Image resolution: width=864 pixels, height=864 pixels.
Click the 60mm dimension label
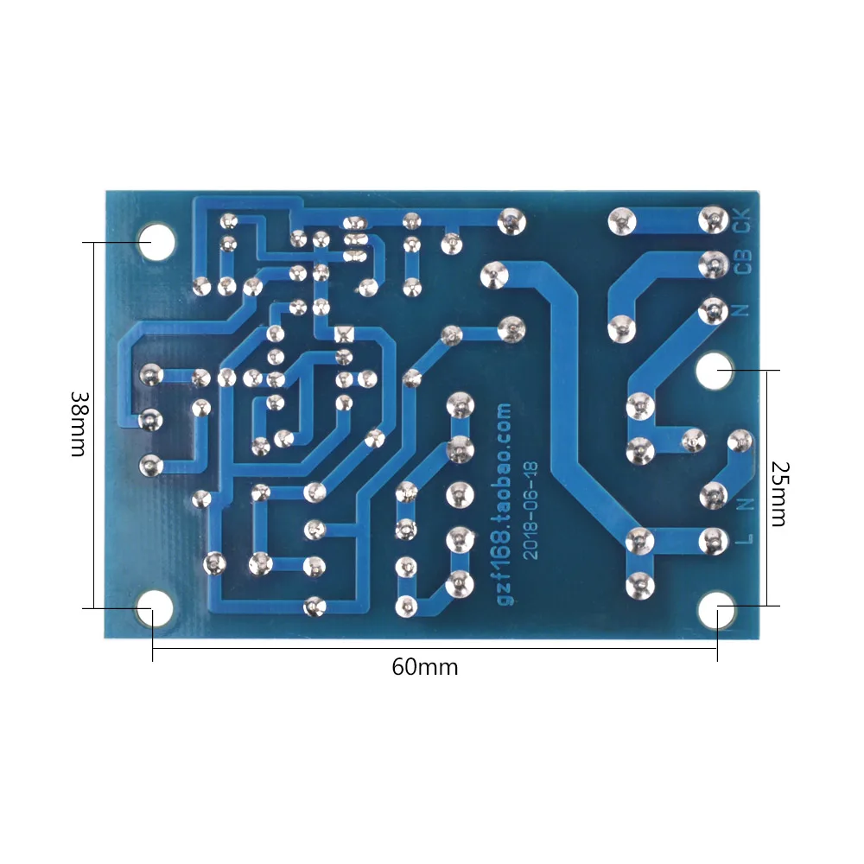coord(425,667)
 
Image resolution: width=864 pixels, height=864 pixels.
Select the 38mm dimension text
coord(79,424)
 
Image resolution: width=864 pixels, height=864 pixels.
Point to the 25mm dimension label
coord(779,493)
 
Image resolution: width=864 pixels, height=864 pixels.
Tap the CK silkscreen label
coord(743,220)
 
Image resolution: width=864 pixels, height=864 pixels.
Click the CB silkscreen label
coord(743,262)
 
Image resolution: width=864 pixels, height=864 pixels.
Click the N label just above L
coord(747,504)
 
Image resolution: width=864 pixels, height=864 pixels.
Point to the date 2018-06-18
coord(530,511)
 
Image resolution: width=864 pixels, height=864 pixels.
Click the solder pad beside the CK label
coord(713,220)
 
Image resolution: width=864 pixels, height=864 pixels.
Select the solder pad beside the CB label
coord(713,264)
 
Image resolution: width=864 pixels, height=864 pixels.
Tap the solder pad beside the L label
coord(713,542)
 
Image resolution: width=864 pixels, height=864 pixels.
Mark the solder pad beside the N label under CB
coord(713,312)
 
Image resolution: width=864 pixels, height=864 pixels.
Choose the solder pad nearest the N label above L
coord(713,495)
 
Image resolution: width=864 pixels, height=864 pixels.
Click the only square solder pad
coord(344,334)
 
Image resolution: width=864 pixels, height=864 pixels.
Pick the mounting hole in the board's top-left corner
coord(156,242)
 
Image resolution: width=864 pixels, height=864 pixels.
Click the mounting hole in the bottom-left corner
coord(155,609)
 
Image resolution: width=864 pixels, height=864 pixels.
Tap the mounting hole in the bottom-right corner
coord(715,609)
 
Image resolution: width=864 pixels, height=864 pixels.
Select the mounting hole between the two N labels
coord(715,371)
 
